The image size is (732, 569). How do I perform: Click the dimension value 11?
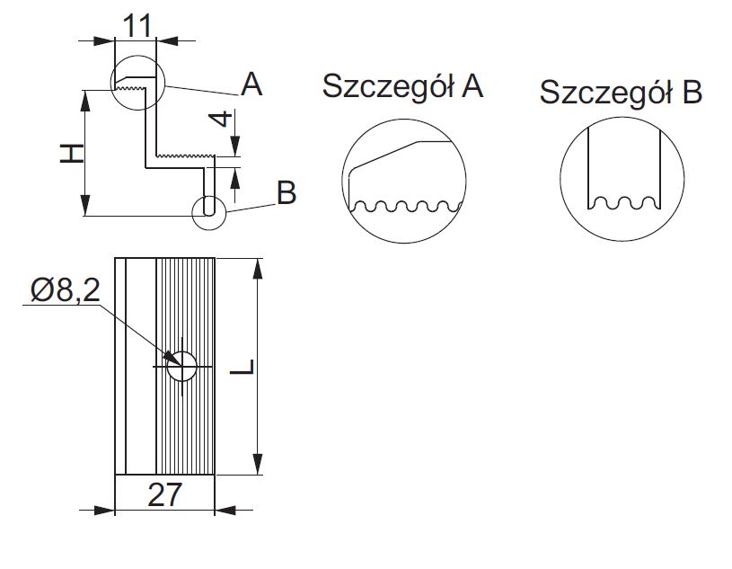(136, 25)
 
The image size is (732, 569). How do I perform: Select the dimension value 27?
(165, 496)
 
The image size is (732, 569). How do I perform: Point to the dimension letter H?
(72, 154)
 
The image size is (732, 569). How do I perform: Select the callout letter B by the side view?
(286, 191)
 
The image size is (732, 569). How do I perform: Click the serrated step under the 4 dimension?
(185, 158)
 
